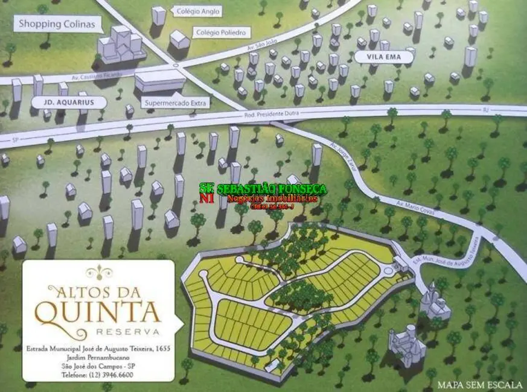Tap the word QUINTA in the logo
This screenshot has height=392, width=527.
[x=98, y=311]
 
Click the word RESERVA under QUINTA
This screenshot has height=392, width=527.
[x=127, y=332]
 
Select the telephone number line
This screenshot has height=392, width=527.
[x=98, y=375]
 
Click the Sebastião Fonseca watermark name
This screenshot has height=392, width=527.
[x=272, y=189]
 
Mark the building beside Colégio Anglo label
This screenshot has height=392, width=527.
[x=159, y=15]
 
